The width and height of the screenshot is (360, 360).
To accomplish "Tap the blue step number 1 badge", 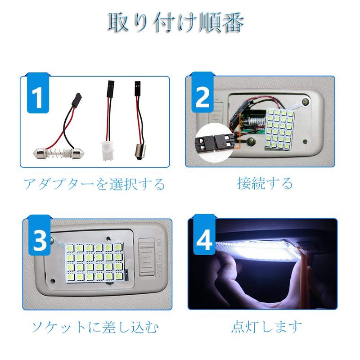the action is (x=38, y=93).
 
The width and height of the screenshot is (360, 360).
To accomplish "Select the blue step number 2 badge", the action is (x=202, y=92).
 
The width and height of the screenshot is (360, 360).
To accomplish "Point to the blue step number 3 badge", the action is (x=40, y=235).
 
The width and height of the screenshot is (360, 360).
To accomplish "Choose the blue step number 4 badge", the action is (x=204, y=234).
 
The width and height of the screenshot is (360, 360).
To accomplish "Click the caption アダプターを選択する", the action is (x=94, y=184).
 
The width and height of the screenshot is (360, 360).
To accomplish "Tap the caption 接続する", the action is (x=265, y=183).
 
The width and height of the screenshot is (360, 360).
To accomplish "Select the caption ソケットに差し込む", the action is (x=95, y=327).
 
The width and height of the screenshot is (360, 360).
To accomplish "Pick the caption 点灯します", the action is (x=266, y=326).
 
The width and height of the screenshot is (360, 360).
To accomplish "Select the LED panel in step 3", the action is (x=94, y=262).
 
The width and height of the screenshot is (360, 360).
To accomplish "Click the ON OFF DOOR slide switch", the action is (x=147, y=257).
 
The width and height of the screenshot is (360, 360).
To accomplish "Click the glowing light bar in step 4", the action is (x=257, y=250).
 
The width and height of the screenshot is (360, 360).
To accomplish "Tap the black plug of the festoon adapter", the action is (x=76, y=100).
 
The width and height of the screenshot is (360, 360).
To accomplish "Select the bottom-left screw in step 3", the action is (x=53, y=280).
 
